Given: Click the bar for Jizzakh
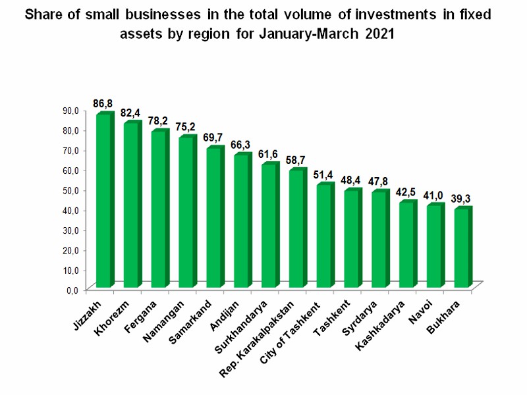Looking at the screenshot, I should click(x=104, y=201).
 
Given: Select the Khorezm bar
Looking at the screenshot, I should click(x=132, y=205).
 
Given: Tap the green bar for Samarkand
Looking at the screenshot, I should click(x=214, y=217).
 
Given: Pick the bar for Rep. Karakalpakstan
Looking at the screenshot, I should click(x=297, y=228).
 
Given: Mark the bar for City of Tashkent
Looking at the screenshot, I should click(x=324, y=236).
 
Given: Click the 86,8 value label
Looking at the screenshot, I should click(x=104, y=103).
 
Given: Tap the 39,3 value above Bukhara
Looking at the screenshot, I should click(x=462, y=198).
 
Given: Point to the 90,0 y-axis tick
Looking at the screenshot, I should click(x=70, y=111).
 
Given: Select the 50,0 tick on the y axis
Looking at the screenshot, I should click(x=70, y=190).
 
